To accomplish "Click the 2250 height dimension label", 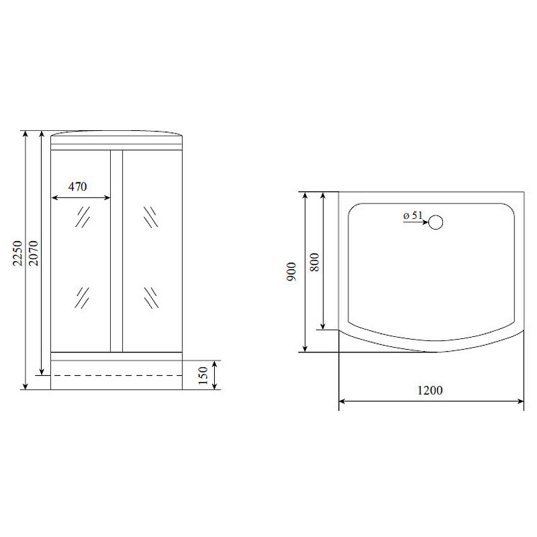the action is tap(17, 254).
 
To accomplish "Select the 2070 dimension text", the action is tap(34, 254).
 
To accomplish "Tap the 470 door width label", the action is tap(77, 187).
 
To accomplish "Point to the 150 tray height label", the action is tap(203, 375).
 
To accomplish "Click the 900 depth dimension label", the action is tap(291, 272).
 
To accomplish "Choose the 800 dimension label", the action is tap(314, 262).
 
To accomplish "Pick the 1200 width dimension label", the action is tap(430, 391).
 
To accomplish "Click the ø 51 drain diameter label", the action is tap(413, 215).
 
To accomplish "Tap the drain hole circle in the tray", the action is tap(436, 222).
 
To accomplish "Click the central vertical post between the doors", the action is tap(116, 250).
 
